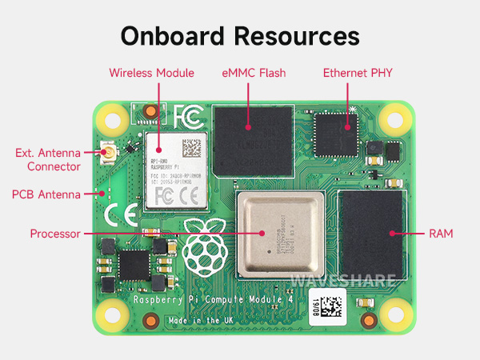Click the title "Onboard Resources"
coord(240,37)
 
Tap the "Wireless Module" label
coord(152,73)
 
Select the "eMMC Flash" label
coord(254,73)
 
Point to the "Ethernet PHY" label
coord(358,73)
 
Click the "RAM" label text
coord(441,234)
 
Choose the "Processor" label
coord(57,234)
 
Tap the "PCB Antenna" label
coord(46,194)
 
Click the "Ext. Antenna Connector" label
coord(48,159)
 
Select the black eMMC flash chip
coord(253,142)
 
